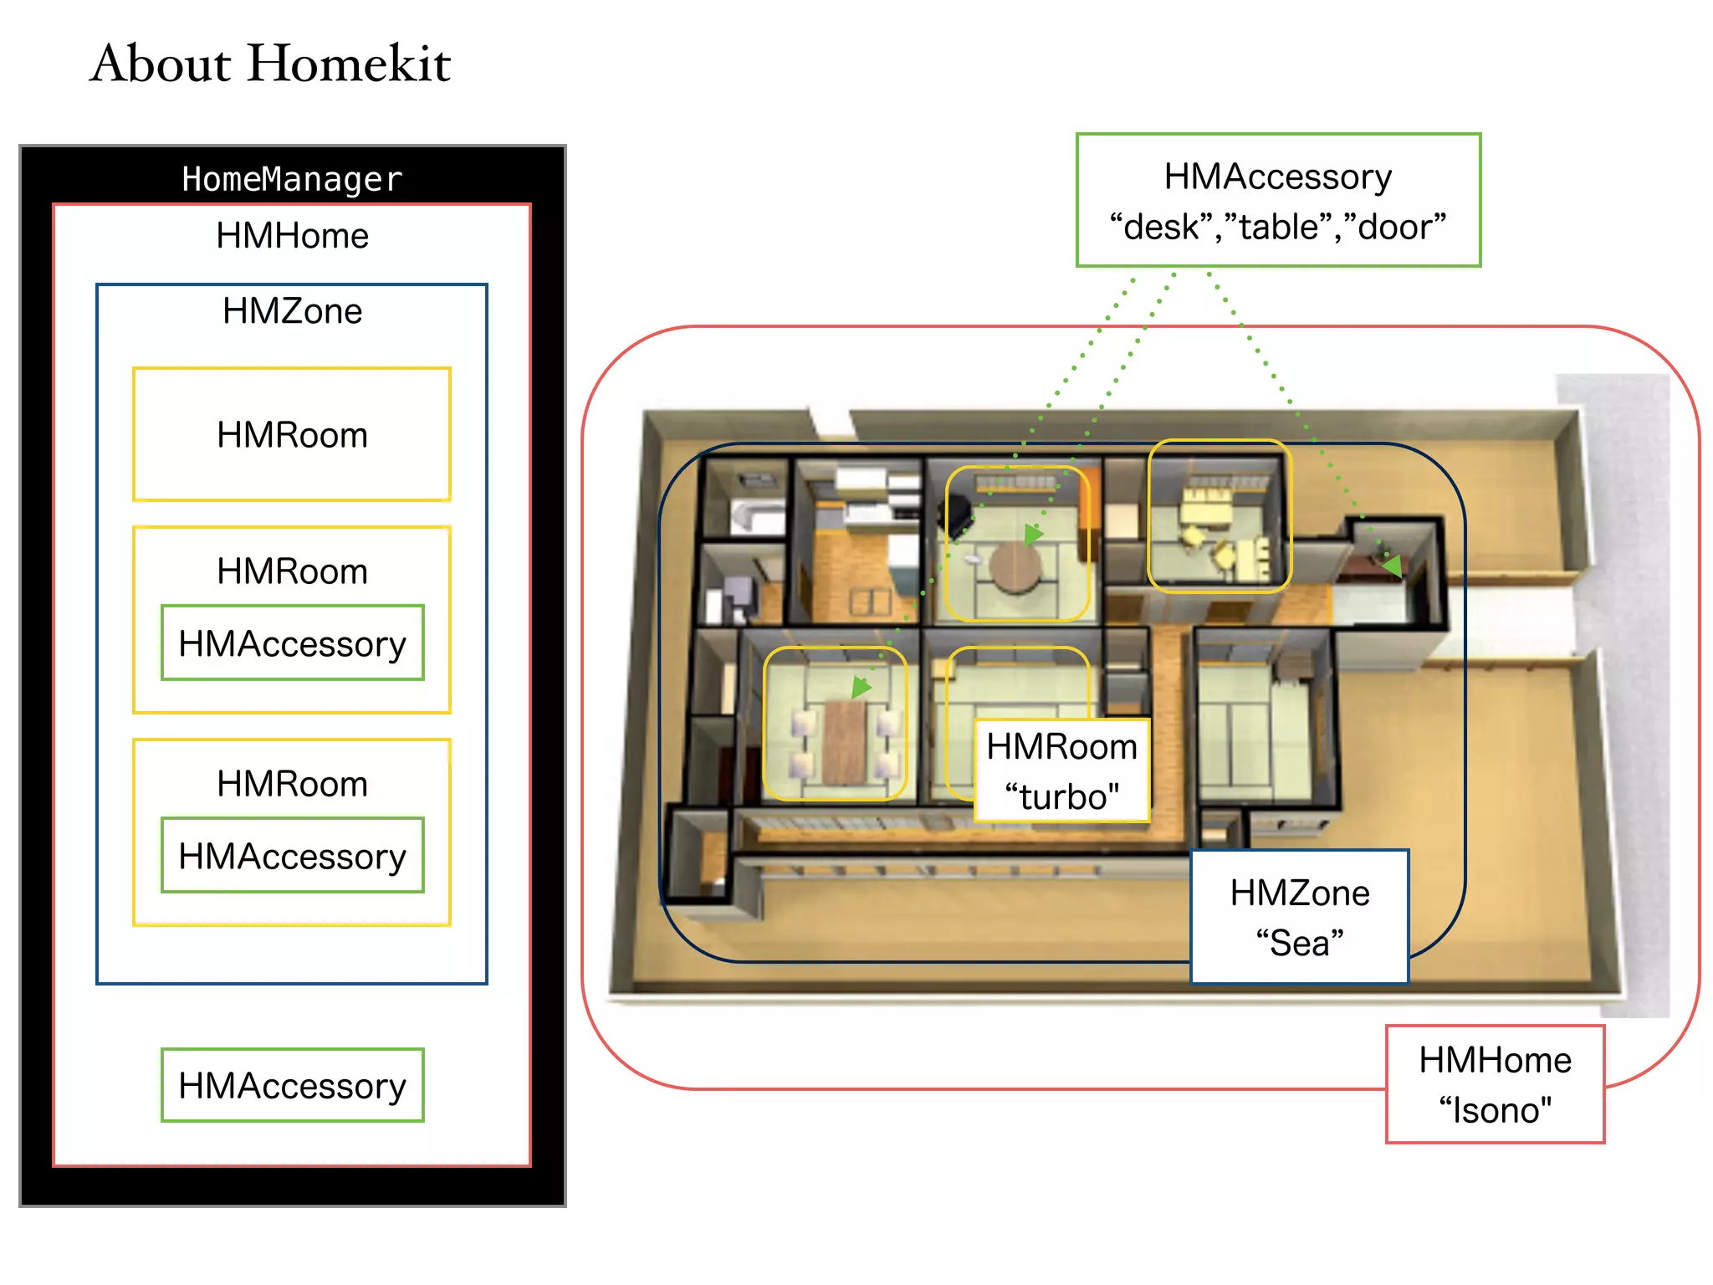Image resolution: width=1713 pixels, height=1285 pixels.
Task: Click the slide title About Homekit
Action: click(x=270, y=64)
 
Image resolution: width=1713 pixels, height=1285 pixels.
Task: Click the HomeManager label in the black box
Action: click(x=292, y=179)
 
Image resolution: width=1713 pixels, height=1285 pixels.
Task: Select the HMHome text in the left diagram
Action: click(x=292, y=236)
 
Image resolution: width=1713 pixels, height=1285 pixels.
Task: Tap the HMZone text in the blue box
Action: click(x=292, y=311)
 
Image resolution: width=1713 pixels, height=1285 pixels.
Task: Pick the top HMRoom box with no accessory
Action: click(x=292, y=434)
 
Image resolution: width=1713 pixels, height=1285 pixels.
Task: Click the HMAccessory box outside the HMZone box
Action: click(x=292, y=1085)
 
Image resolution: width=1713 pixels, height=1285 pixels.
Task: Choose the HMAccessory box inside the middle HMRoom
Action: click(x=292, y=643)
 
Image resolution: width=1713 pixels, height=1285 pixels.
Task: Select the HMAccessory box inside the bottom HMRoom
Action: click(x=292, y=856)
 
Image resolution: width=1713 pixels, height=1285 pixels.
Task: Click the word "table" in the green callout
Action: click(x=1278, y=227)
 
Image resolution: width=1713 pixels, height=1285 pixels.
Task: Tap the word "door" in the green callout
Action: click(x=1395, y=227)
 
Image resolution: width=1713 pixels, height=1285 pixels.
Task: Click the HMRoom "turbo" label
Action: click(x=1061, y=770)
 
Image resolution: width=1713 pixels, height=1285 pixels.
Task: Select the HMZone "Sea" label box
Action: click(x=1299, y=917)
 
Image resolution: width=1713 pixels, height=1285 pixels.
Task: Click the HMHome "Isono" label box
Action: click(x=1495, y=1084)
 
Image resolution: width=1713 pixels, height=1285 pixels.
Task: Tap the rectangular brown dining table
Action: click(x=845, y=740)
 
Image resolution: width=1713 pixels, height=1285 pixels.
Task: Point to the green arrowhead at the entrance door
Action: click(x=1393, y=566)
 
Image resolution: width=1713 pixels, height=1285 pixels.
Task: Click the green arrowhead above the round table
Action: click(x=1034, y=533)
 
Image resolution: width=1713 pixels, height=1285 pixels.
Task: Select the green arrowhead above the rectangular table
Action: click(x=861, y=688)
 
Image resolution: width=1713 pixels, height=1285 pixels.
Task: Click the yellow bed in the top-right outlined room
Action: click(x=1205, y=506)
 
